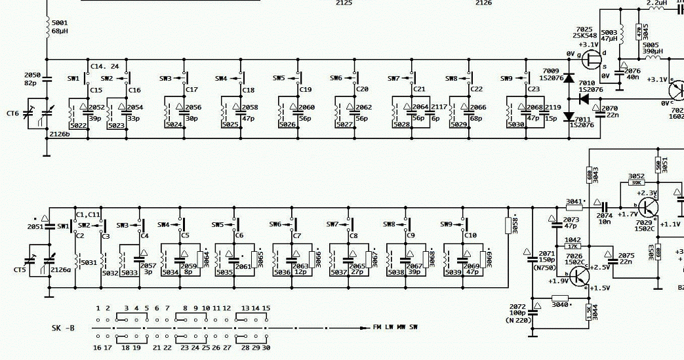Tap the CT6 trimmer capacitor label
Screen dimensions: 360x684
click(x=13, y=113)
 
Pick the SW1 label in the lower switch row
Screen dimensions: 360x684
click(x=63, y=226)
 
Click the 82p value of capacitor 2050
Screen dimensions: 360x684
click(x=31, y=83)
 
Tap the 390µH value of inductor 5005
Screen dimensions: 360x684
click(x=653, y=52)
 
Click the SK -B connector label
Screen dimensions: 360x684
click(x=64, y=327)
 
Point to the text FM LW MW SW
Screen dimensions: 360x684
click(x=395, y=327)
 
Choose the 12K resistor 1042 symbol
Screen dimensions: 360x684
click(x=573, y=247)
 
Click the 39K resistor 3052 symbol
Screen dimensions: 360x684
click(x=635, y=182)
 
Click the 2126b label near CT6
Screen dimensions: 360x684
click(x=60, y=134)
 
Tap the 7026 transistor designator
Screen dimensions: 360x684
click(x=574, y=256)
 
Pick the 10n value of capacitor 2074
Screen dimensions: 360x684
click(x=605, y=222)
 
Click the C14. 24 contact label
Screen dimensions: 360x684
click(x=105, y=66)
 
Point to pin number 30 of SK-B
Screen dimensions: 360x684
click(x=266, y=348)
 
